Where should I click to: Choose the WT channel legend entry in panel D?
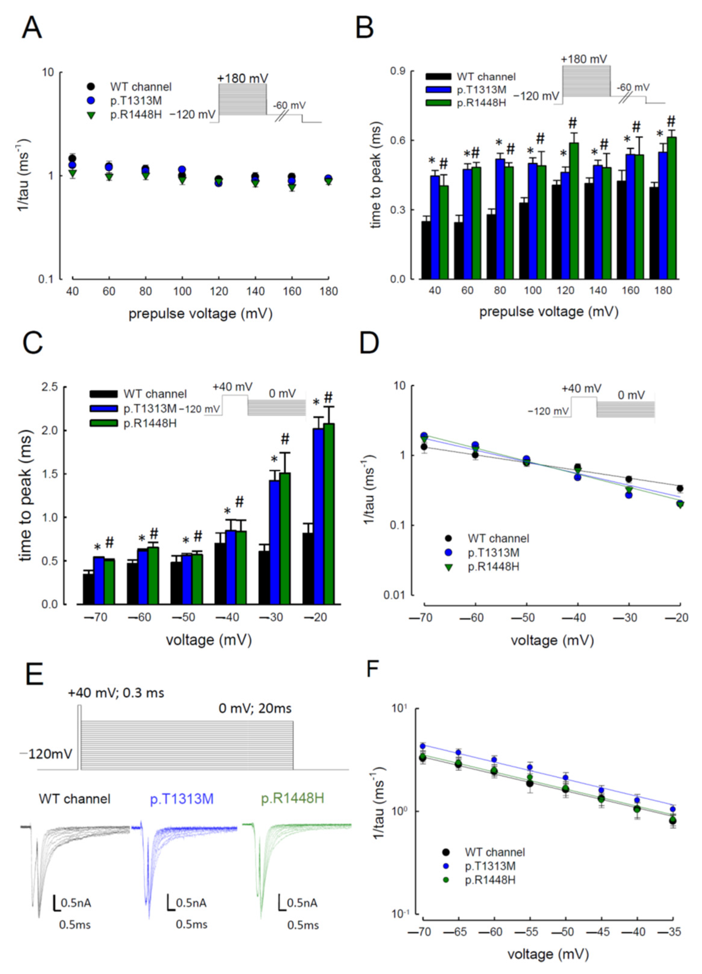point(498,538)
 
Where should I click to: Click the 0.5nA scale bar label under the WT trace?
point(76,903)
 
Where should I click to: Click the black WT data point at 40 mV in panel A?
point(72,159)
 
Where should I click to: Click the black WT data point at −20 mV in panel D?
point(679,488)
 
